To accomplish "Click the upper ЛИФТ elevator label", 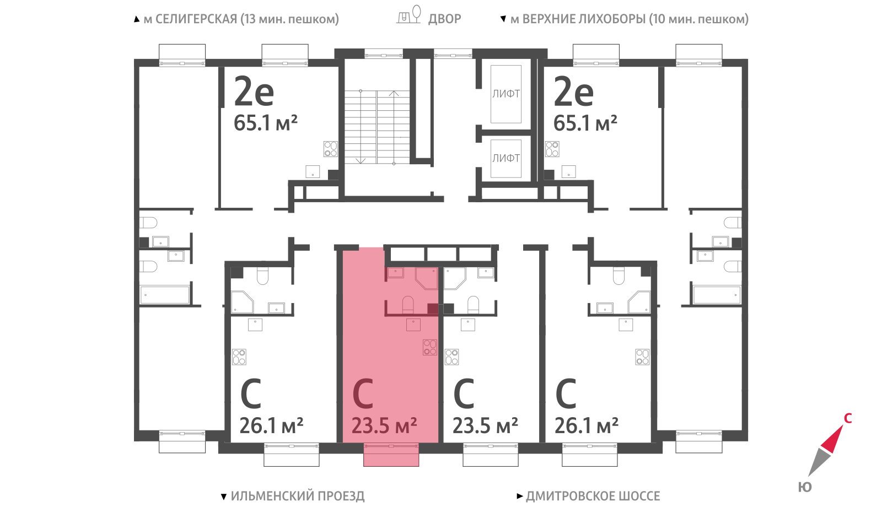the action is (x=506, y=94).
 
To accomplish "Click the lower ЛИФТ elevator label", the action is (x=506, y=158).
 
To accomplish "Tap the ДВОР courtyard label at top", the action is (x=444, y=19).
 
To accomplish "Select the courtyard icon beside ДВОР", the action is (x=408, y=14).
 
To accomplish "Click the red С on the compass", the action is (x=848, y=418).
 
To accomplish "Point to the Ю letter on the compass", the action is (x=805, y=487).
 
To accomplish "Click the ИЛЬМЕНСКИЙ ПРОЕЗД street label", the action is (x=298, y=496).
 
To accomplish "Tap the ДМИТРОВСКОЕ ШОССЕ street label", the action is (x=593, y=496).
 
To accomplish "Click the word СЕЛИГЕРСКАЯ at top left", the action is (x=196, y=19).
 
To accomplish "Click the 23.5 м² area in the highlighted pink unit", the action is (x=384, y=425).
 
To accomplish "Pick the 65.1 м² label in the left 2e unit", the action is (x=265, y=123).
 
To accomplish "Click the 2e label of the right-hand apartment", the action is (x=573, y=91).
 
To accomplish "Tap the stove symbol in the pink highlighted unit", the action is (x=430, y=347).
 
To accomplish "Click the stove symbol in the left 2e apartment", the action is (x=331, y=149).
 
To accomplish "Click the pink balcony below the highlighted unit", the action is (x=391, y=455).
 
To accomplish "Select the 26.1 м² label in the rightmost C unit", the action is (x=587, y=425).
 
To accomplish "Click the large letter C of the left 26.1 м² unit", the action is (x=251, y=393).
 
